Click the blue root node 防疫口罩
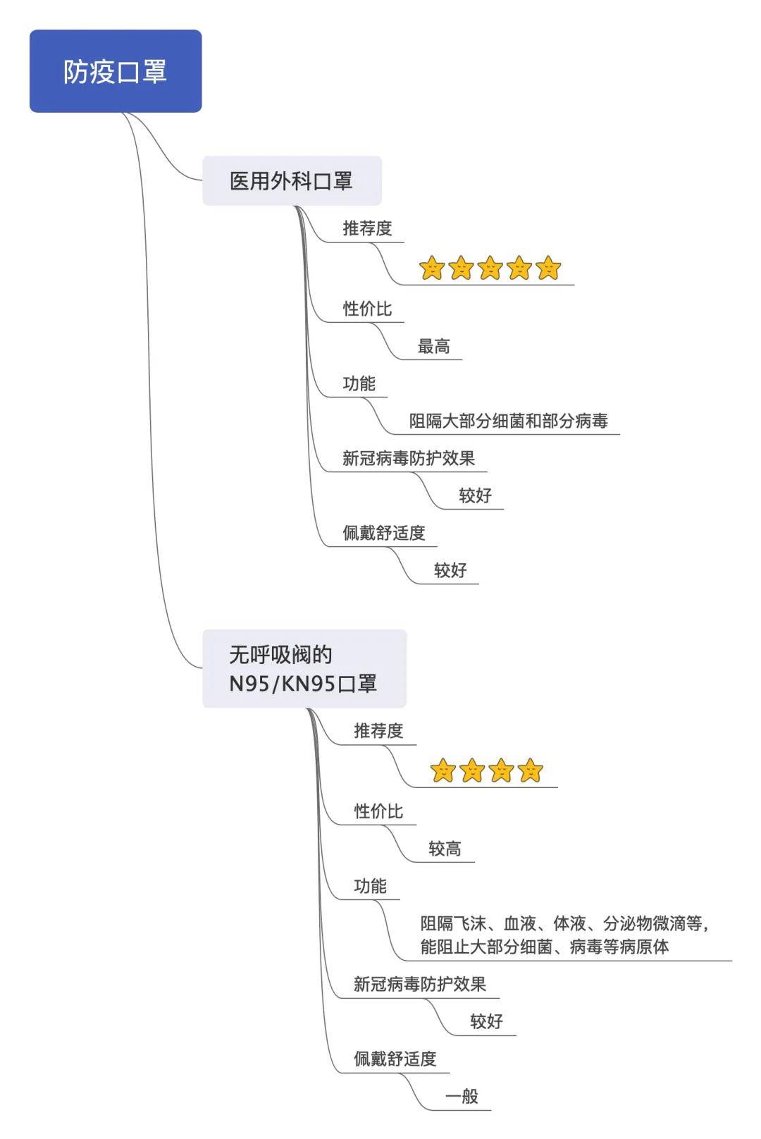(x=116, y=70)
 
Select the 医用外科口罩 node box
(x=292, y=180)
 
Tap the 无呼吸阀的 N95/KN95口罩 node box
(x=304, y=668)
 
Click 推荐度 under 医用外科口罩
(x=367, y=228)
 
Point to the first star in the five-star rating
(x=432, y=267)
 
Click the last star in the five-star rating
(x=548, y=267)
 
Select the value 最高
(x=433, y=346)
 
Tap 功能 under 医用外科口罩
(x=359, y=383)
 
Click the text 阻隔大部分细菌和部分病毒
(x=508, y=421)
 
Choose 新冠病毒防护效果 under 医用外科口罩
(x=408, y=457)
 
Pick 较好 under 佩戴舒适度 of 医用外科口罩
(x=450, y=569)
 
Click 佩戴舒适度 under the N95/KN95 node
(x=395, y=1059)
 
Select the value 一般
(x=462, y=1096)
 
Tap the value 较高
(x=445, y=848)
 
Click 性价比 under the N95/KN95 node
(x=378, y=811)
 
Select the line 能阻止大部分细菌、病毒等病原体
(x=545, y=947)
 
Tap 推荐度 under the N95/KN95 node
(x=378, y=731)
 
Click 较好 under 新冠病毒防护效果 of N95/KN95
(x=486, y=1021)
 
